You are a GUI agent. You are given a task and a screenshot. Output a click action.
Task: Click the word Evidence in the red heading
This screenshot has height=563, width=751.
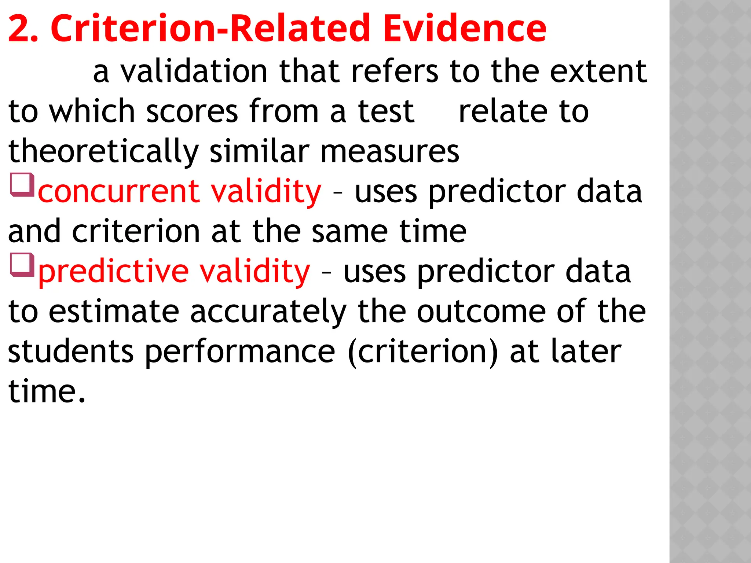click(465, 29)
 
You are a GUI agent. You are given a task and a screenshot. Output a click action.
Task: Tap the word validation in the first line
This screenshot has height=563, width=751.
click(194, 71)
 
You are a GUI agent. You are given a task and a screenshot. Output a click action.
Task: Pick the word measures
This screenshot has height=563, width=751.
click(389, 152)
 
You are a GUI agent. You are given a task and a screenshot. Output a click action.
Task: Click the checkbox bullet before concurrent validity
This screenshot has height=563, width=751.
click(22, 185)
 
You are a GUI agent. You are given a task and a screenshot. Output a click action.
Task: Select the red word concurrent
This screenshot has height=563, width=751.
click(119, 192)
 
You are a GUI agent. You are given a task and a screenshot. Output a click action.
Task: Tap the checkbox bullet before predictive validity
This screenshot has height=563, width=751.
click(22, 265)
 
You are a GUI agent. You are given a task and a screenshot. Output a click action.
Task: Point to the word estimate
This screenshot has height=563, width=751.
click(114, 312)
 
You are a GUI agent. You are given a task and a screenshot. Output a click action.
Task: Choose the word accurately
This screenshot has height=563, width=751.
click(268, 312)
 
